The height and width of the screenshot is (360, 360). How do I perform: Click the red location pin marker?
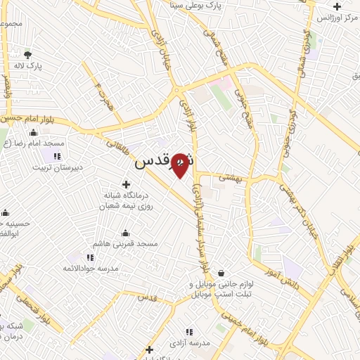pos(180,165)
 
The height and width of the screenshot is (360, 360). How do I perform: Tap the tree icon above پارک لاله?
pos(27,55)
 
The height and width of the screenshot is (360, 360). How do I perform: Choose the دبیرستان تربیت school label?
pos(61,167)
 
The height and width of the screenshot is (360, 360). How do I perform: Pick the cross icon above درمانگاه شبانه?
pos(126,184)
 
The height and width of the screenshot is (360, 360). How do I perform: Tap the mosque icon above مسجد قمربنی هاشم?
pos(126,233)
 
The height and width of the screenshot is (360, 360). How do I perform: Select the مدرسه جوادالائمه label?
pos(90,268)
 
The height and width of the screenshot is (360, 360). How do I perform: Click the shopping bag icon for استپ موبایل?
pos(221,273)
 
